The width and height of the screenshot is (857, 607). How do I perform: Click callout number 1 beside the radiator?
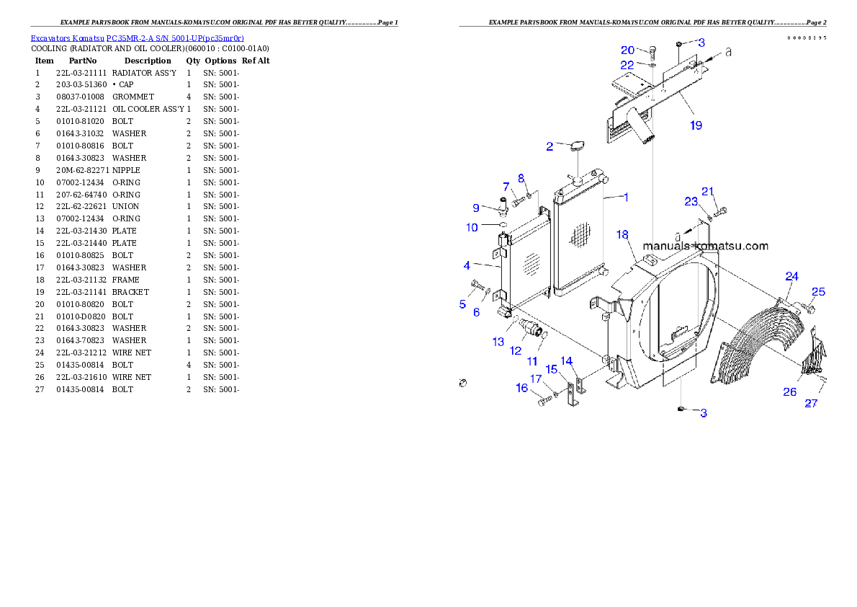tap(626, 197)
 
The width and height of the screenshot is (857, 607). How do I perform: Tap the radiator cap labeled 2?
tap(575, 148)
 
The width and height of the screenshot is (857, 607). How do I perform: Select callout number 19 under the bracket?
tap(695, 125)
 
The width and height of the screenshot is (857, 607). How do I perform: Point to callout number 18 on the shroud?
tap(623, 235)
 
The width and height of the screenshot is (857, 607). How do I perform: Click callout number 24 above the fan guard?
tap(791, 276)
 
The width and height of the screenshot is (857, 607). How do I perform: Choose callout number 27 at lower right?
tap(811, 404)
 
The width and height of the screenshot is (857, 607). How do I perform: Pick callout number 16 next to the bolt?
tap(521, 388)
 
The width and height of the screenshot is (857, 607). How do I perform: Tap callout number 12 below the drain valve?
tap(516, 350)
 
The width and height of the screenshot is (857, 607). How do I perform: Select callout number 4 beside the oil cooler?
tap(467, 266)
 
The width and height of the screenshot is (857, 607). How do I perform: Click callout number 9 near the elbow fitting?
tap(475, 208)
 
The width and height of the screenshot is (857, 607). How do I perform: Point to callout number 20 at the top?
tap(627, 50)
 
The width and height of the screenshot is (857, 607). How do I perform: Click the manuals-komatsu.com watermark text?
tap(705, 246)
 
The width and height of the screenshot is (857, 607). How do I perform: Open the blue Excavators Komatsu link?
tap(137, 38)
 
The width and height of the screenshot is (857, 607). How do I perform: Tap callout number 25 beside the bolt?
tap(818, 292)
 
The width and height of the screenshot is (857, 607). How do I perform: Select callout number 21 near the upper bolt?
tap(708, 191)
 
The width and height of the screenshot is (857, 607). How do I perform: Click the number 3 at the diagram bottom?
tap(704, 413)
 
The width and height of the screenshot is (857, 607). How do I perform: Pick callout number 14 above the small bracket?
tap(567, 360)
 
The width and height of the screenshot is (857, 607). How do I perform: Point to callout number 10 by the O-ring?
tap(472, 228)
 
